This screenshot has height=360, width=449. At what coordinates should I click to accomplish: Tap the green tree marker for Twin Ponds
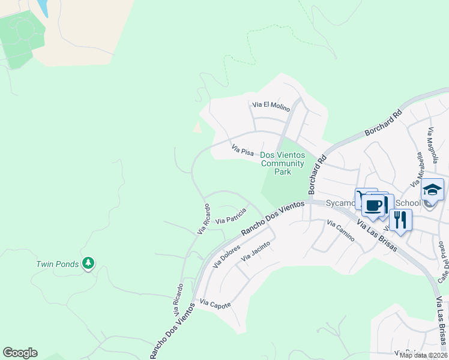[89, 263]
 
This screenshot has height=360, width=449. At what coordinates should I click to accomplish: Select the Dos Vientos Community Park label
[282, 163]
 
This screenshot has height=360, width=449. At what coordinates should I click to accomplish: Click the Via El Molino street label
[271, 106]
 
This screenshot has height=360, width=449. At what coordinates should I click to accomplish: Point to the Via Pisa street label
[243, 149]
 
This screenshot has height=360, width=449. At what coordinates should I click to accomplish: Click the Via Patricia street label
[231, 216]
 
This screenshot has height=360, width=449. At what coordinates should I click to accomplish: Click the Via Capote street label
[215, 304]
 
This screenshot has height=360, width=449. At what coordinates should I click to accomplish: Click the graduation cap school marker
[432, 190]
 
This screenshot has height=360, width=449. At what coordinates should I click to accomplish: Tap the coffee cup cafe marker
[373, 205]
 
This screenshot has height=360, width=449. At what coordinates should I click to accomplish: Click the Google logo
[20, 353]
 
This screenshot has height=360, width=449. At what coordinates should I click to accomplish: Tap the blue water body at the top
[42, 7]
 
